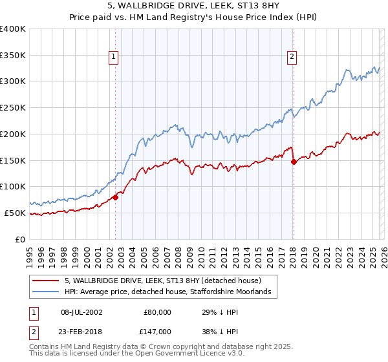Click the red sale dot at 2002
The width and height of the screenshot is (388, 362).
[116, 197]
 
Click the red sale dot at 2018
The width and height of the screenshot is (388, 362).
[294, 162]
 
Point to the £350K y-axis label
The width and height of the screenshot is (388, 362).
[13, 56]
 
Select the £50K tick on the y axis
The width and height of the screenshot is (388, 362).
[15, 213]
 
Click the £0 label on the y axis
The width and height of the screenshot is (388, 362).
[21, 239]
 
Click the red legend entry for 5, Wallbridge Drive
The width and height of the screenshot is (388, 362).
[162, 281]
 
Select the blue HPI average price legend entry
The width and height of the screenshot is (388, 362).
[171, 293]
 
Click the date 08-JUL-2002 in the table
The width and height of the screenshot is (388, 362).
[81, 312]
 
